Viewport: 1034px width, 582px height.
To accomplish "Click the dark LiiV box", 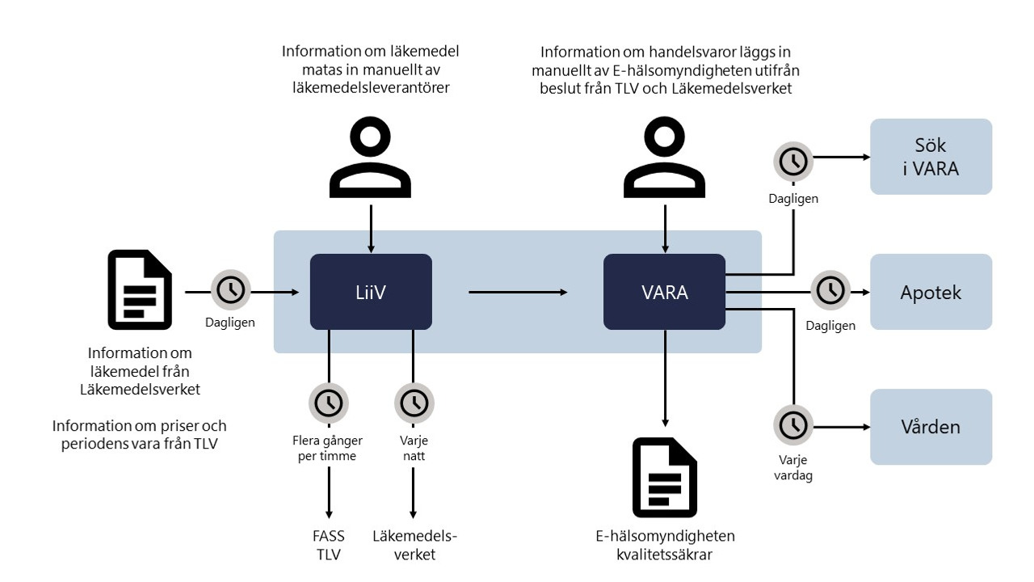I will point(371,292).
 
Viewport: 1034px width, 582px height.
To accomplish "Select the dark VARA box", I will point(664,292).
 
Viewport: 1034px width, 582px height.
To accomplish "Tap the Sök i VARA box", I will point(931,157).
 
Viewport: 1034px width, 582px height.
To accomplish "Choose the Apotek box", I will point(931,292).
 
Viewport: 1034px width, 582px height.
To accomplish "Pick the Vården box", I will point(931,426).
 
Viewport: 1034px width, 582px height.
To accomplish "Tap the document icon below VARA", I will point(664,477).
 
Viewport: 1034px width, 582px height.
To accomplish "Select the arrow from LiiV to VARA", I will point(517,292).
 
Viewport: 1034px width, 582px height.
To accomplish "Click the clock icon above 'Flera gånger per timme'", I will point(329,402).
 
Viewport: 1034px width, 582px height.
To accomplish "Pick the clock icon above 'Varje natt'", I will point(414,402).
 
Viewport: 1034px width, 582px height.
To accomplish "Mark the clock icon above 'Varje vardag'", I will point(794,424).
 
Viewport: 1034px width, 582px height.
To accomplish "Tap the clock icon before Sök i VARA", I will point(794,161).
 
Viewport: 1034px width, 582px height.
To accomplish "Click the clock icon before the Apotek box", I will point(830,290).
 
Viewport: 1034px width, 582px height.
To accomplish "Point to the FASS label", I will point(329,536).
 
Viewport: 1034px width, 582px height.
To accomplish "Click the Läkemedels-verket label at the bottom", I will point(414,545).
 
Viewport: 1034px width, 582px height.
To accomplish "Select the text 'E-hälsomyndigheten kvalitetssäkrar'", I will point(665,545).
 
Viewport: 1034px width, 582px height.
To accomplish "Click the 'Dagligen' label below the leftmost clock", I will point(230,323).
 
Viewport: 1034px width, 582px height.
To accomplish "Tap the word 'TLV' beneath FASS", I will point(329,555).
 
